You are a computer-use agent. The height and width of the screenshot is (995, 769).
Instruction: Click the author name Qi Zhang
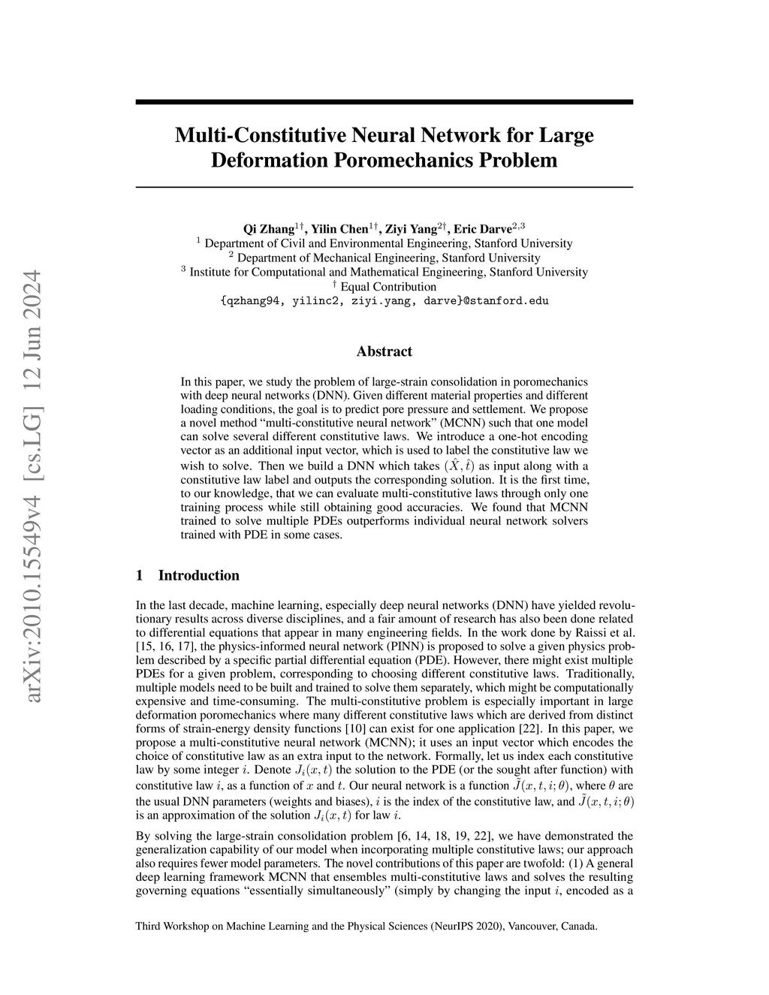[x=268, y=229]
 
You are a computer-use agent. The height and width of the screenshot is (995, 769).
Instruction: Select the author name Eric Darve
[x=482, y=229]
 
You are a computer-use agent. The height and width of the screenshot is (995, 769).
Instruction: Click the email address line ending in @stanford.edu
[x=384, y=301]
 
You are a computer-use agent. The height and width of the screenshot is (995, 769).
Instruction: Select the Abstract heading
[x=384, y=351]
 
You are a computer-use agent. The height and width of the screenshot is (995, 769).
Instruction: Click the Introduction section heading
[x=198, y=576]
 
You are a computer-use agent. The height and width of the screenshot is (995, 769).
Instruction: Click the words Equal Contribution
[x=388, y=287]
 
